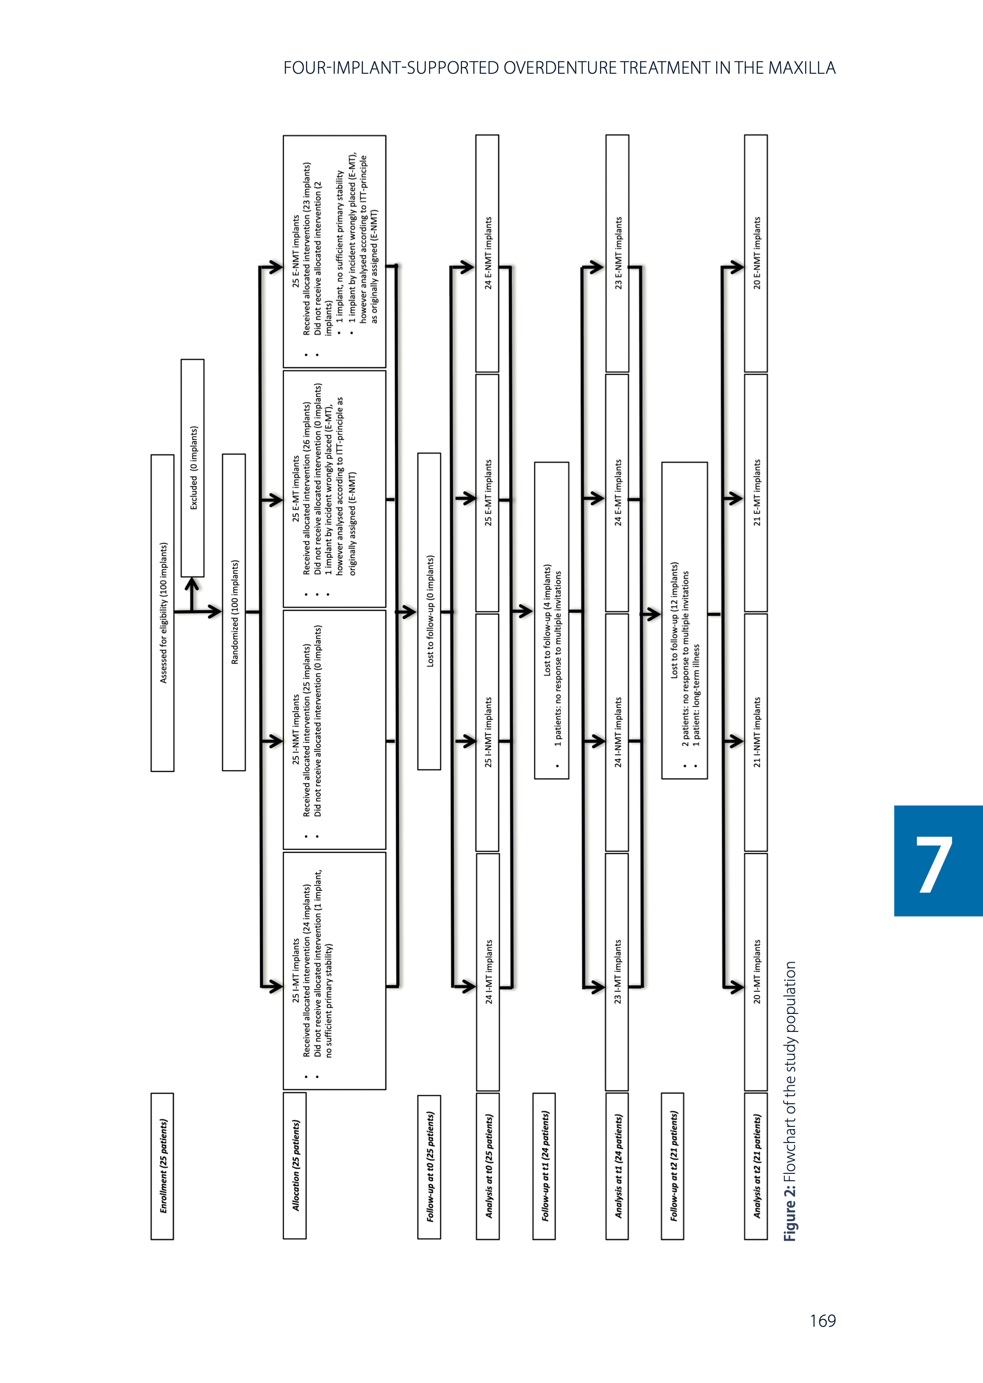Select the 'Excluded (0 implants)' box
pos(193,468)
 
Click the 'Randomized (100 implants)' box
pos(234,612)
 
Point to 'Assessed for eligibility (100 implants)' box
pos(162,612)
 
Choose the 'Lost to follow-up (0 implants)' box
pos(429,611)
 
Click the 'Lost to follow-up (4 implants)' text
pos(547,620)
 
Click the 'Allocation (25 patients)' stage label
pos(295,1165)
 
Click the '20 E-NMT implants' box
pos(756,253)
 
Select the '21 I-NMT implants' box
pos(756,732)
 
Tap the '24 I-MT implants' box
pos(488,972)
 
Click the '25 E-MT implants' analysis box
pos(487,493)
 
